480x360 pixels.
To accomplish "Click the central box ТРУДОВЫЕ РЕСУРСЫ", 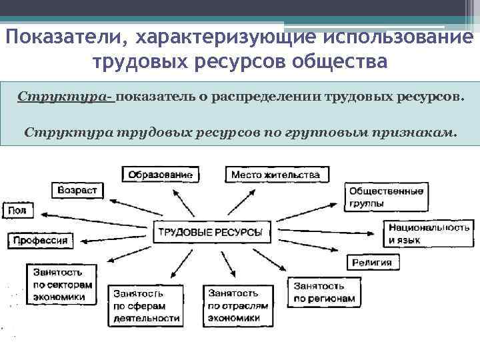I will click(209, 233).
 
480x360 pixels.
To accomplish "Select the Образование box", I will click(161, 175).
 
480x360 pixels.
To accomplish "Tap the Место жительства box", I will click(275, 175).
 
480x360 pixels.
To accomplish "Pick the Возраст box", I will click(77, 190).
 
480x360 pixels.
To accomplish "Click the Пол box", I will click(17, 211).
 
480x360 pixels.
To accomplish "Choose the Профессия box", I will click(40, 239).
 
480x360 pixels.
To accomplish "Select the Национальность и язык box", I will click(429, 233).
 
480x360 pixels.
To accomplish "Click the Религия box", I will click(371, 262).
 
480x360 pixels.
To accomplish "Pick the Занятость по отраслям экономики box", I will click(238, 305).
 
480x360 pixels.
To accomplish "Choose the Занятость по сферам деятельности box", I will click(146, 305).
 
